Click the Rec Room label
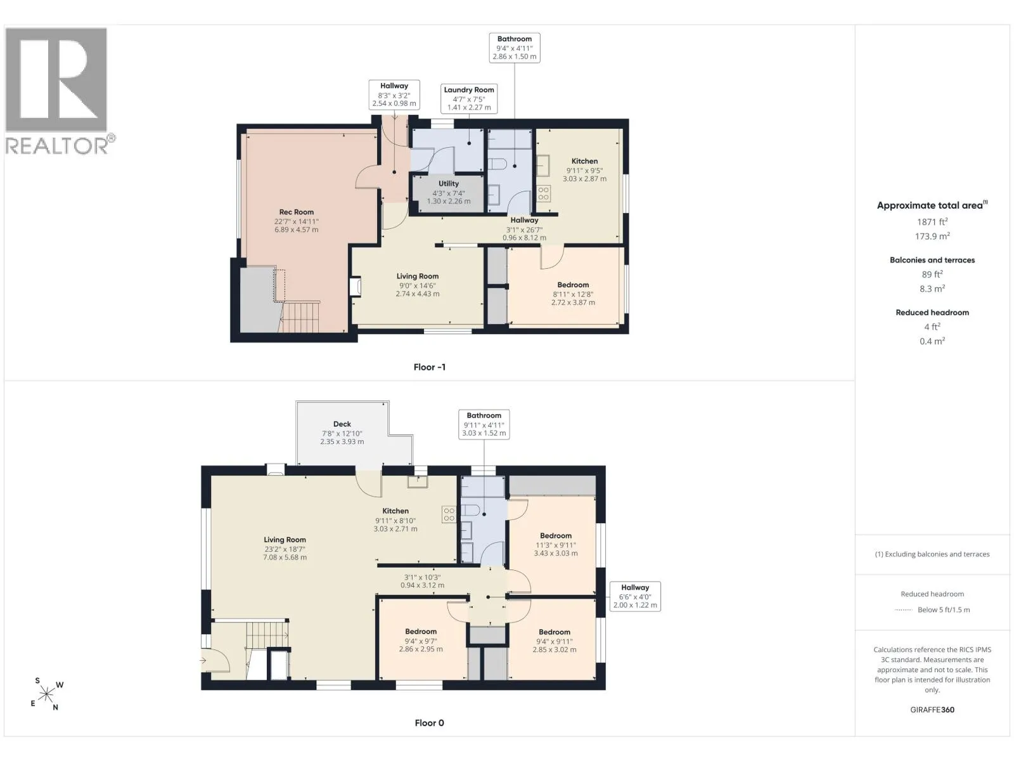point(296,212)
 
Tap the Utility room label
point(449,183)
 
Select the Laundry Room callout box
point(469,98)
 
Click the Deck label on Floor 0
point(342,424)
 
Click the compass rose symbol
point(46,694)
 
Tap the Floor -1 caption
point(430,367)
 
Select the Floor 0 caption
point(429,723)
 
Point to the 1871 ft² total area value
point(932,222)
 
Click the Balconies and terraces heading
point(932,260)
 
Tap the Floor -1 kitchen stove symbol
point(543,193)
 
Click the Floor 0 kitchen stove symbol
point(449,515)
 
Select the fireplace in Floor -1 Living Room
point(356,287)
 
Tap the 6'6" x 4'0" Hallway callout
point(635,597)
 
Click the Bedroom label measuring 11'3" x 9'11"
point(556,536)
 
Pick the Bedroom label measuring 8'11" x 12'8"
point(573,285)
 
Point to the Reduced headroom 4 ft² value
point(932,327)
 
